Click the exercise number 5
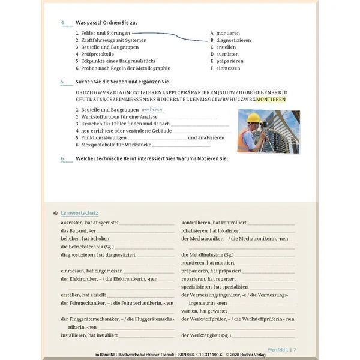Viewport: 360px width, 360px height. [x=62, y=81]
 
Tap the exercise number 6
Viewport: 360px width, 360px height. [x=62, y=158]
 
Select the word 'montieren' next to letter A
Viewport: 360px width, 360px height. [x=228, y=33]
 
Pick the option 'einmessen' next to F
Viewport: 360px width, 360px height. [x=228, y=68]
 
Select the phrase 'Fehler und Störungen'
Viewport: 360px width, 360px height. [x=104, y=33]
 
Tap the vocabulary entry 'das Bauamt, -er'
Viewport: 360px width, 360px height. [x=79, y=230]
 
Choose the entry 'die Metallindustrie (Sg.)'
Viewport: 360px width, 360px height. [x=208, y=254]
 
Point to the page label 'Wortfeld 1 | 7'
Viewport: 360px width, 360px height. [x=281, y=349]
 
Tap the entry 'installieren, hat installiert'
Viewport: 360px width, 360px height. [x=89, y=335]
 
